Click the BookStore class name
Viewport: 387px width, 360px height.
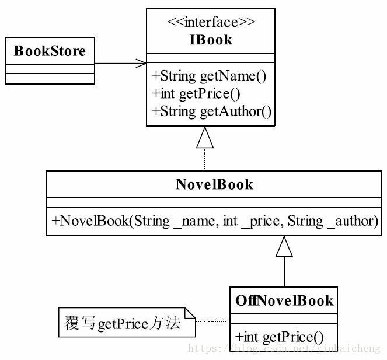[x=50, y=51]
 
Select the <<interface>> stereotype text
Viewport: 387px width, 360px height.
[x=211, y=22]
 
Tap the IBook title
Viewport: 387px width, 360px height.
[x=211, y=40]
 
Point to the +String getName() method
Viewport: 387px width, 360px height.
[x=209, y=76]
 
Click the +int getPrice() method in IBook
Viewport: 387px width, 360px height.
[x=196, y=94]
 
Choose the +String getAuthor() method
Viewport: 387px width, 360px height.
[x=211, y=111]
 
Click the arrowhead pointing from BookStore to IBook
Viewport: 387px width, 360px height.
[x=141, y=64]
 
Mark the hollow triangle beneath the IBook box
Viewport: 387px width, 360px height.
[x=205, y=138]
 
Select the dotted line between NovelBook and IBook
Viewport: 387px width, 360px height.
[x=205, y=159]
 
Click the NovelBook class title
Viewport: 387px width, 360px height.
[x=214, y=184]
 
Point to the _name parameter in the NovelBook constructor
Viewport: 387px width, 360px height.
[x=194, y=221]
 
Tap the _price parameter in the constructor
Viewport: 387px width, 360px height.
[x=262, y=221]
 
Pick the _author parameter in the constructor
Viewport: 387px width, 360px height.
[x=351, y=221]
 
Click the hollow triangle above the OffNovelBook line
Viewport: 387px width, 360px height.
[x=284, y=246]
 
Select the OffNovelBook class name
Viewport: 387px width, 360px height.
[x=284, y=301]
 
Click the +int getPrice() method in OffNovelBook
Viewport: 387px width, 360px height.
[x=279, y=337]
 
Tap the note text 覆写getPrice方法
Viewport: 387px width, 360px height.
[x=123, y=323]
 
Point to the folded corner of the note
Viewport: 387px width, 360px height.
[x=190, y=313]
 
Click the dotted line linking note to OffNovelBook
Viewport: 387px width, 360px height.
[x=212, y=321]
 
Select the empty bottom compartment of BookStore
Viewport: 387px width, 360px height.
[x=50, y=79]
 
